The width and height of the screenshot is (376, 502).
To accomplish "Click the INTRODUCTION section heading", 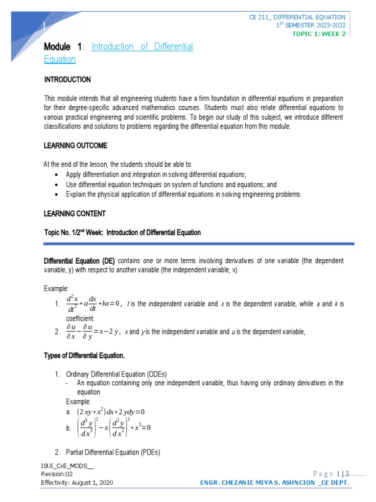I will pyautogui.click(x=68, y=79).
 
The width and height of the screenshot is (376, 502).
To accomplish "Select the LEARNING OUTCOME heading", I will pyautogui.click(x=76, y=146).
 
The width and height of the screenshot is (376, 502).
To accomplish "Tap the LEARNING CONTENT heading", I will pyautogui.click(x=75, y=214).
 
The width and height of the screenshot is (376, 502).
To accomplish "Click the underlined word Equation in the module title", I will pyautogui.click(x=60, y=59).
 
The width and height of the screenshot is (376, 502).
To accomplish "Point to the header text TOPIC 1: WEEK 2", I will pyautogui.click(x=319, y=34).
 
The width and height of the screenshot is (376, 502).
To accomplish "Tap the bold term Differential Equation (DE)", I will pyautogui.click(x=80, y=260).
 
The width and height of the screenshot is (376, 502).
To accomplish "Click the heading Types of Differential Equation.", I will pyautogui.click(x=84, y=355).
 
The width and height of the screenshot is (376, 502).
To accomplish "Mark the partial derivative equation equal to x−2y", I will pyautogui.click(x=93, y=332).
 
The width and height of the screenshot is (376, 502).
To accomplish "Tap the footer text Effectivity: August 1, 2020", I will pyautogui.click(x=77, y=483).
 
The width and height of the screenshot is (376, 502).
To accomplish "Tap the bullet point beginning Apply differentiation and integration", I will pyautogui.click(x=156, y=175).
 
